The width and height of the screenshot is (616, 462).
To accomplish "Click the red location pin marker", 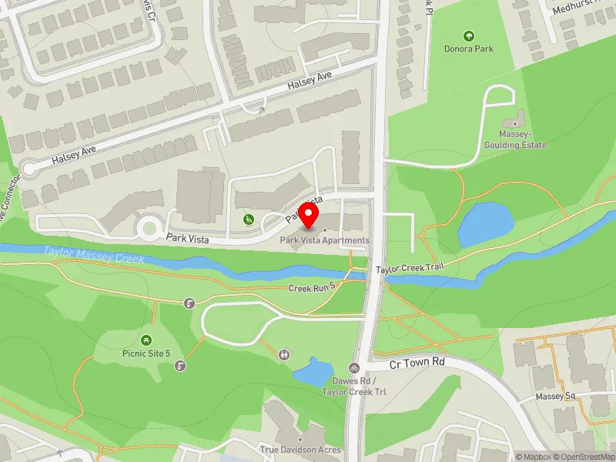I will coord(312,215).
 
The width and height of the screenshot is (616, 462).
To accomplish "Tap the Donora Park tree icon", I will coord(468,35).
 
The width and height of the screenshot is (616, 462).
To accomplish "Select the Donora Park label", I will coord(468,49).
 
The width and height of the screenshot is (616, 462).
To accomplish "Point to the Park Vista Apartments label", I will coord(324,240).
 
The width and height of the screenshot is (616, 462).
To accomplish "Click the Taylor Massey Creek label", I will coord(94,255).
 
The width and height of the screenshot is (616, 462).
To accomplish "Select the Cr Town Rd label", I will coord(417,362).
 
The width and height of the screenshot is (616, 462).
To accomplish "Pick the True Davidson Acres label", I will coord(300,450).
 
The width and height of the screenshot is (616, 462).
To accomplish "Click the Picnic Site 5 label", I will coord(147,353).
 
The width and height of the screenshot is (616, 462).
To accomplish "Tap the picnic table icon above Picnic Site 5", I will coord(146,340).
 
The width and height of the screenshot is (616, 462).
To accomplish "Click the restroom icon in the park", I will coord(285,354).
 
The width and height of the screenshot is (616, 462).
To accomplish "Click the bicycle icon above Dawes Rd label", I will coord(354,368).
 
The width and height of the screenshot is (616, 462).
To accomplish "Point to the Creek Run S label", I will coord(312,288).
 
